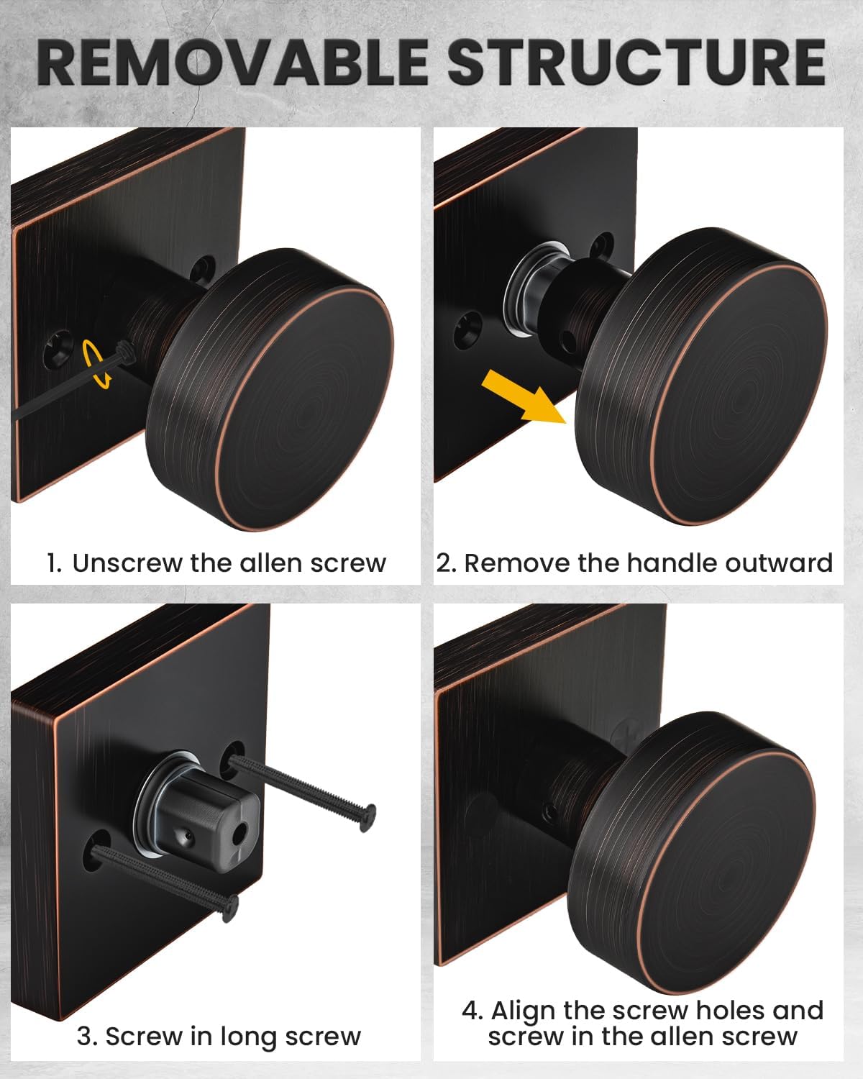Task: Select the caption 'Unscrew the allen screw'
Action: (x=229, y=563)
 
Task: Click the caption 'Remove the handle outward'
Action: (x=647, y=563)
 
